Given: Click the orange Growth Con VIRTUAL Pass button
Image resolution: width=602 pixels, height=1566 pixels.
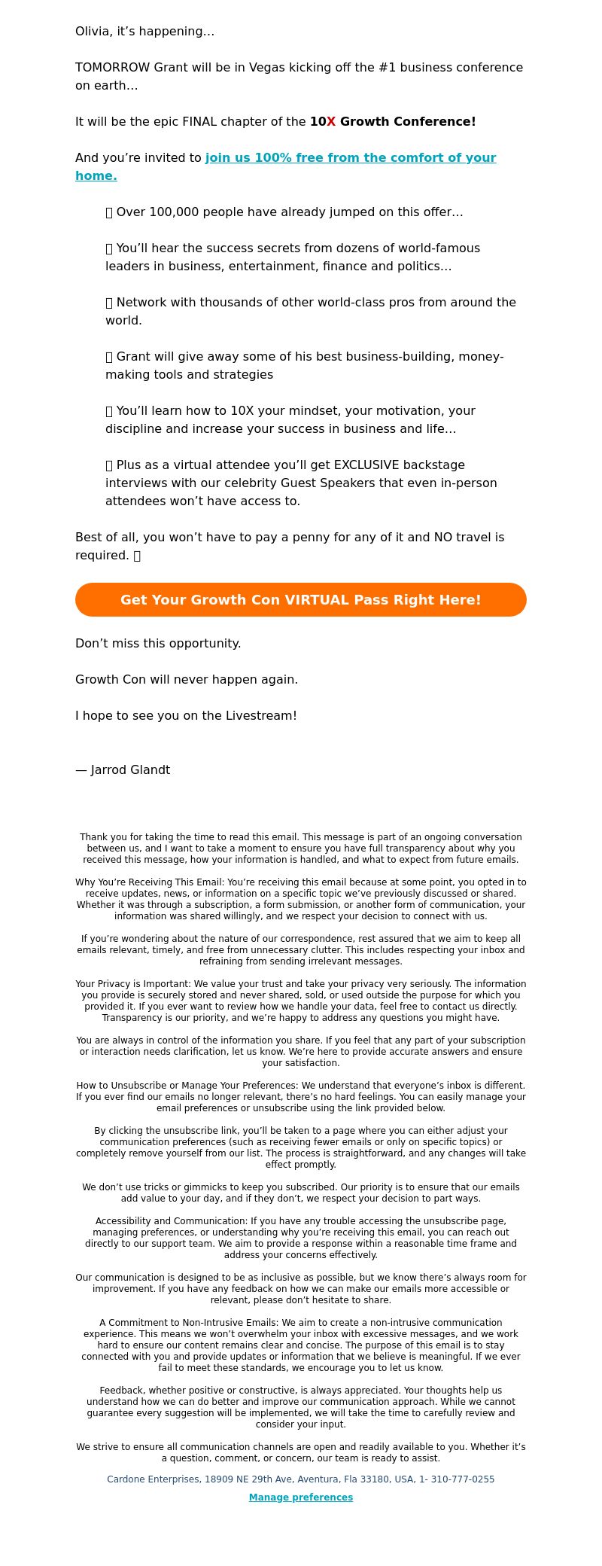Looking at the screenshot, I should [301, 599].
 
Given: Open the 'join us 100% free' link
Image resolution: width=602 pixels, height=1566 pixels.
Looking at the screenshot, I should [350, 158].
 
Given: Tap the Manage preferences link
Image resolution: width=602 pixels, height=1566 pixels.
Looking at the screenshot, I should [301, 1497].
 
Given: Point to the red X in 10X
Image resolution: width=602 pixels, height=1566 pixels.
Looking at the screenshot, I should [331, 122].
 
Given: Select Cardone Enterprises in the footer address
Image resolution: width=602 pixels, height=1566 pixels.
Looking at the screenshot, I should [153, 1479].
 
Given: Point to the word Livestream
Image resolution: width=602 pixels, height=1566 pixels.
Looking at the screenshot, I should [260, 716].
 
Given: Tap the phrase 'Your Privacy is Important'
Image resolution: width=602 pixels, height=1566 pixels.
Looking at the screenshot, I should [132, 984].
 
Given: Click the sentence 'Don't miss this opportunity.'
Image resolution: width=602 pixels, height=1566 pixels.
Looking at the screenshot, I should [158, 644].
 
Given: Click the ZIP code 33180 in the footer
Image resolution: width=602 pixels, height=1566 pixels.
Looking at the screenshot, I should [386, 1479].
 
